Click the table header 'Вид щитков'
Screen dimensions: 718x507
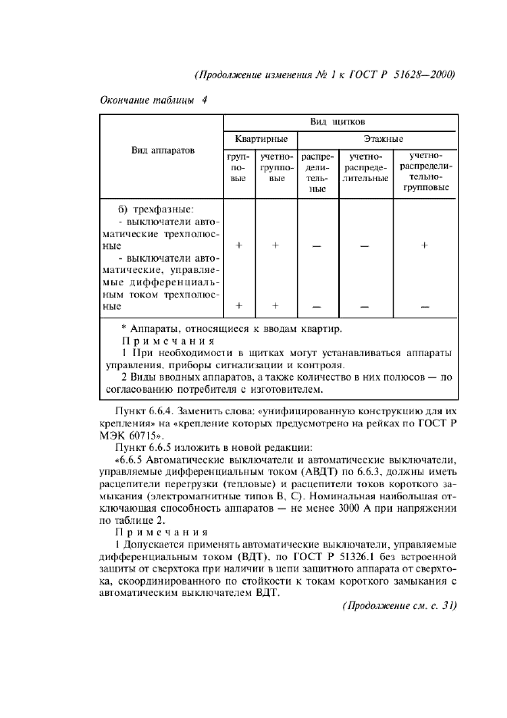point(337,122)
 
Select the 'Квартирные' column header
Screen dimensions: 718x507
point(261,140)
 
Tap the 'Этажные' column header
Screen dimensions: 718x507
point(375,140)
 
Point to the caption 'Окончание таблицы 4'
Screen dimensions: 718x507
point(153,100)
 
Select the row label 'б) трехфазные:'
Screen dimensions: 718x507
point(156,209)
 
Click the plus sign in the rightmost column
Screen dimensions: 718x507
point(424,245)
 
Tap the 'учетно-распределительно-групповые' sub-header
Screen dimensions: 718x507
point(424,171)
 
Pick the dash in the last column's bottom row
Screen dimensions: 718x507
point(424,306)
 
